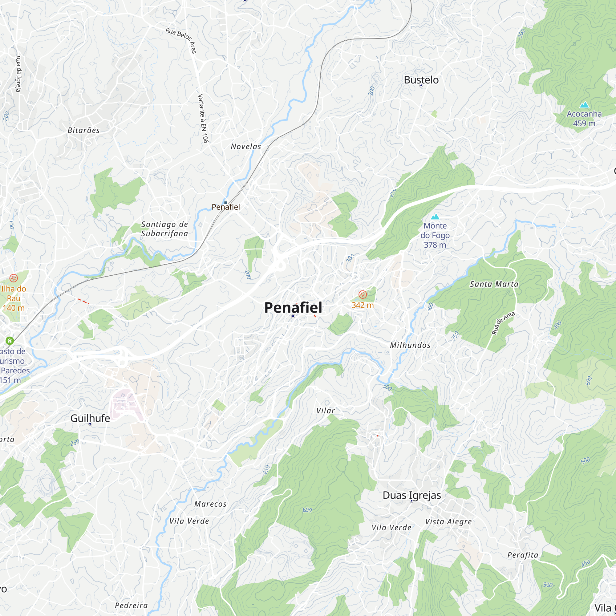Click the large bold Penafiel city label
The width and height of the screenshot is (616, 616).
click(293, 307)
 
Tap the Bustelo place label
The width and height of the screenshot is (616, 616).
click(421, 80)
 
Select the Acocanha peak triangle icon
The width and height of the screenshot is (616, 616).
click(584, 105)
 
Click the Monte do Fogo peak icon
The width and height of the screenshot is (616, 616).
click(435, 217)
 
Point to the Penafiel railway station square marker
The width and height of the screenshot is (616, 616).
click(226, 203)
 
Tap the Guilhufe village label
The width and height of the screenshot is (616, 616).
click(90, 418)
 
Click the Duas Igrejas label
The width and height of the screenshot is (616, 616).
click(411, 495)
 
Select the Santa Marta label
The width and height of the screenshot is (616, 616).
click(494, 284)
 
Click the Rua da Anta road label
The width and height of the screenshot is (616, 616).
click(503, 323)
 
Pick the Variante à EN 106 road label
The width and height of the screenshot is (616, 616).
click(203, 118)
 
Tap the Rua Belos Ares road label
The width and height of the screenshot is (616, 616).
click(181, 40)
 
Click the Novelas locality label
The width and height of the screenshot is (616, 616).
click(246, 146)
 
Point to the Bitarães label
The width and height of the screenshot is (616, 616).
click(83, 130)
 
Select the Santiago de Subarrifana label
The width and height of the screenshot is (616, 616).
click(164, 229)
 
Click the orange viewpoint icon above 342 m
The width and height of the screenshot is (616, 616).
click(363, 294)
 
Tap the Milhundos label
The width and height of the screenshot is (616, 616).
click(410, 345)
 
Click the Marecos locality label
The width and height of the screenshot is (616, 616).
click(210, 504)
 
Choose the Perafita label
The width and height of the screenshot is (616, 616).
click(523, 555)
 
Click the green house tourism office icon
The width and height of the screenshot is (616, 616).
click(10, 341)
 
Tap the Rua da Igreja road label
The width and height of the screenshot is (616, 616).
click(18, 74)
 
